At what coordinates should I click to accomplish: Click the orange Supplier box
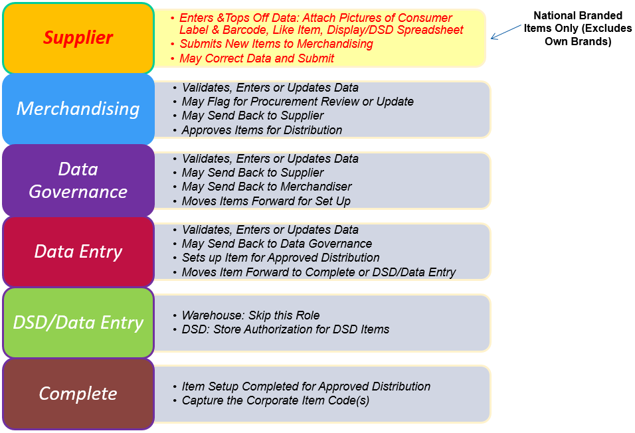coord(78,38)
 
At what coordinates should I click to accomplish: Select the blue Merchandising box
coord(78,109)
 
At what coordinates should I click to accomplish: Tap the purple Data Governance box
coord(78,180)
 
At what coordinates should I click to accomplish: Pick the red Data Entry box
coord(78,252)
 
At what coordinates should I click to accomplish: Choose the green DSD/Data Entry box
coord(78,323)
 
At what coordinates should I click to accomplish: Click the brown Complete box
coord(78,394)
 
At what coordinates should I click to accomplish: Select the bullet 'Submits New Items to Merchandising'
coord(276,44)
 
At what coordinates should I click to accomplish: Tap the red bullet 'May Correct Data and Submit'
coord(256,58)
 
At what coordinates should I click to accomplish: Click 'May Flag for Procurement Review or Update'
coord(298,102)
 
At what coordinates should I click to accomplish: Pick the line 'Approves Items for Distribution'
coord(262,130)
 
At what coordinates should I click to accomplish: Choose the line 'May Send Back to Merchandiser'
coord(266,187)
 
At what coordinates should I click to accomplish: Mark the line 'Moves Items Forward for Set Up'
coord(266,201)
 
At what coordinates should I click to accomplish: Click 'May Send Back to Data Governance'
coord(276,244)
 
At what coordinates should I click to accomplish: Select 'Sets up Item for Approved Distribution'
coord(280,258)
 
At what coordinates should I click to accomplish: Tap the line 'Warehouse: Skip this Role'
coord(250,315)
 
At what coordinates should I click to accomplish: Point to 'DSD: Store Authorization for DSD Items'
coord(285,329)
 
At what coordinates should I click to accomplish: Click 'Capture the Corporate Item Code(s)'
coord(276,400)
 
